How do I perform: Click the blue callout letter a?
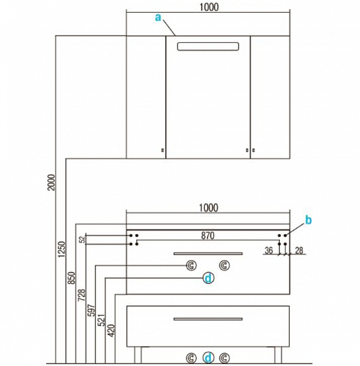pos(158,17)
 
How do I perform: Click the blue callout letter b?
pos(308,220)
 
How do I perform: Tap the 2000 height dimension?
pos(51,182)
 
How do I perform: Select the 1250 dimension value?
pos(62,249)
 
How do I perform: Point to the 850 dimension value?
pos(71,278)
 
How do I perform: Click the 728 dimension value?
pos(82,295)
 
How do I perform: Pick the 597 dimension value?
pos(92,310)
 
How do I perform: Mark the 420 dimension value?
pos(112,331)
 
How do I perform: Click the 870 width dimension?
pos(208,235)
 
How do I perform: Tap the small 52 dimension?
pos(82,240)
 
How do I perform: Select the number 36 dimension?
pos(268,251)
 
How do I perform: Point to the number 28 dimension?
pos(299,251)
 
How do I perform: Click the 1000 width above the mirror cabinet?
pos(209,7)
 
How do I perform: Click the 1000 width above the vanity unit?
pos(209,208)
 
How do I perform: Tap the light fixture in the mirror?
pos(208,46)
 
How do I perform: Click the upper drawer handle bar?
pos(208,254)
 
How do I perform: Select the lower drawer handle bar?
pos(208,319)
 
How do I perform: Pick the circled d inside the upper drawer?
pos(208,278)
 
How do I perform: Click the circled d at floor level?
pos(208,357)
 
